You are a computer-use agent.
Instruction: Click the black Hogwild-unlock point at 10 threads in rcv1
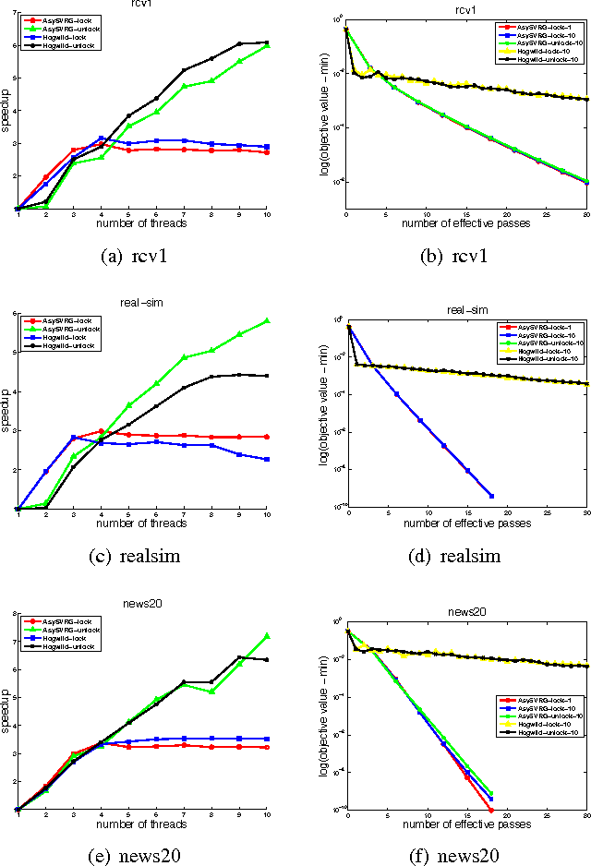coord(267,42)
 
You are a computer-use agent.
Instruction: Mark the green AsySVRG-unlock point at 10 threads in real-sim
coord(267,320)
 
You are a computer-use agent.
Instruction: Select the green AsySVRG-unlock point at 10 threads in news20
coord(267,635)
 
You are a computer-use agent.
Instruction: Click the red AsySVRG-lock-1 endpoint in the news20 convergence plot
coord(491,810)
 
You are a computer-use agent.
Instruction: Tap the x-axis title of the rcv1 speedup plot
coord(142,223)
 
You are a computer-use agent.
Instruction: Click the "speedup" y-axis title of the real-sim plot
coord(4,411)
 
